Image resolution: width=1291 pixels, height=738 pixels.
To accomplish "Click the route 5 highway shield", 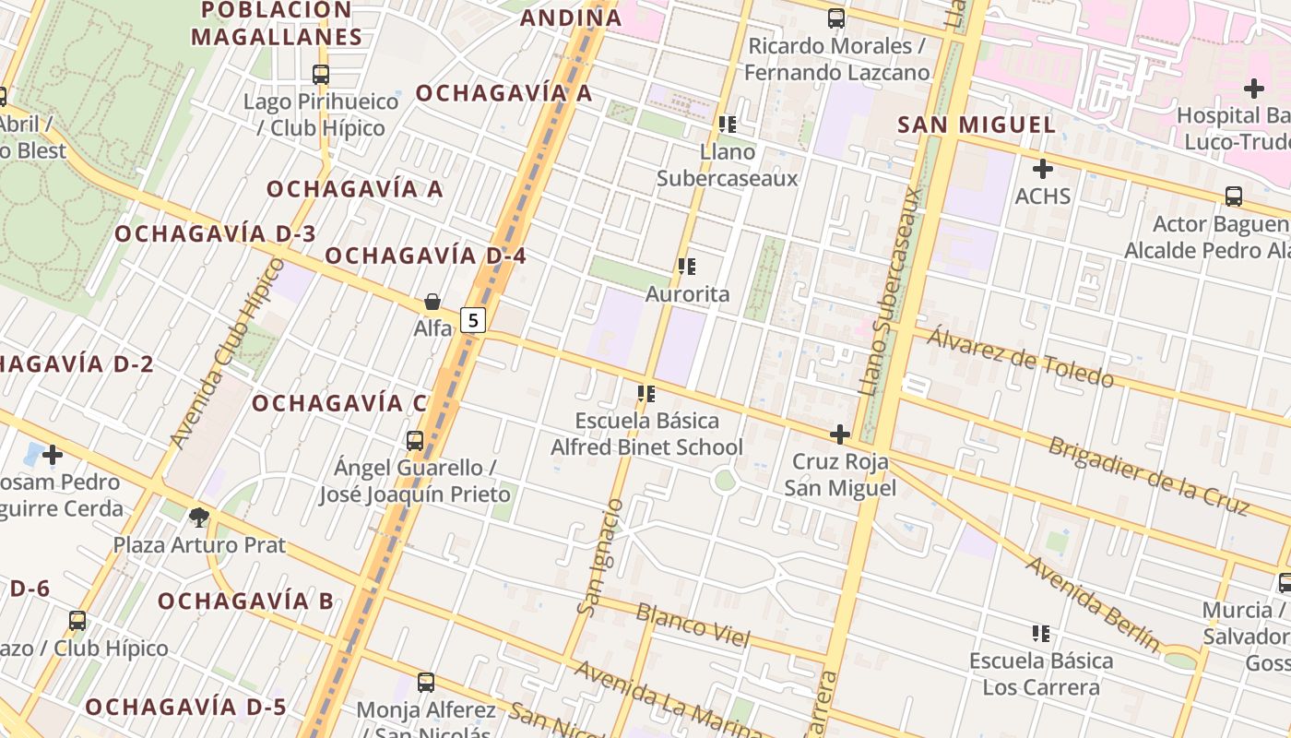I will (473, 320).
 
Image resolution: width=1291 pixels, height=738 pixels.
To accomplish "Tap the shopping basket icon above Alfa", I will (432, 302).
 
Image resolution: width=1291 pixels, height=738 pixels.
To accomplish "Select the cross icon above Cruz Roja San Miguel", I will (839, 434).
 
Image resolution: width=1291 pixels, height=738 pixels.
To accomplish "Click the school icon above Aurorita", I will (687, 267).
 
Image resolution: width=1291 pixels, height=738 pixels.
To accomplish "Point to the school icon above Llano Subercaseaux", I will (727, 124).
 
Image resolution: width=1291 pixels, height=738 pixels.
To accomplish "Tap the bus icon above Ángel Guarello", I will (415, 440).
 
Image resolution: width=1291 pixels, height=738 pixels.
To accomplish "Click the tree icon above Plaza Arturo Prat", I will (198, 517).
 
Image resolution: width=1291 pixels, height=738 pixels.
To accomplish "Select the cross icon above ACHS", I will (1043, 169).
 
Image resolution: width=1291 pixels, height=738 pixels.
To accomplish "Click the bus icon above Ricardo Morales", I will (836, 18).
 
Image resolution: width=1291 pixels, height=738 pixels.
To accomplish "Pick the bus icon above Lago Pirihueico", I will (321, 75).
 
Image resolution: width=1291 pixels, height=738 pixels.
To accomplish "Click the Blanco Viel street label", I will (693, 625).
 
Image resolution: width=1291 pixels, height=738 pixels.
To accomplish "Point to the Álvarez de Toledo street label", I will (1020, 357).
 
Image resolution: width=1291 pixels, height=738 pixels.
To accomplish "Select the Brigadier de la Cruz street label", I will (1149, 475).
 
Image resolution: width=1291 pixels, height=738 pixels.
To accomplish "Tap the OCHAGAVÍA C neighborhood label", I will (339, 403).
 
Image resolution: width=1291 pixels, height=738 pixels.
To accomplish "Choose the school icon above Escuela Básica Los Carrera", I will (1041, 633).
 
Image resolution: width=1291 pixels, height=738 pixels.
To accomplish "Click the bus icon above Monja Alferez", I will (425, 683).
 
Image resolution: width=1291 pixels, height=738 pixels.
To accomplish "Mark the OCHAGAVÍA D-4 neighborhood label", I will (425, 256).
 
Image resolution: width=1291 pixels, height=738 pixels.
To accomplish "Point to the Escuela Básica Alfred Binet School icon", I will (646, 394).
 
